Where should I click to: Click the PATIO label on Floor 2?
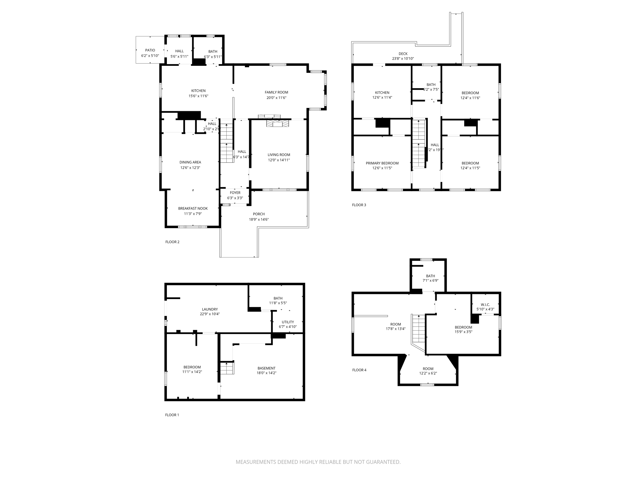click(x=150, y=50)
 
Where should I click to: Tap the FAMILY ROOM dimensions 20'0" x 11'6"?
click(x=276, y=98)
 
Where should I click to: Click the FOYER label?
click(x=235, y=193)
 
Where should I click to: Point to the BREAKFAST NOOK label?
click(x=193, y=208)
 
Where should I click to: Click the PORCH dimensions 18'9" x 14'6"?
click(x=259, y=219)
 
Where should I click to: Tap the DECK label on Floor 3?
click(x=403, y=54)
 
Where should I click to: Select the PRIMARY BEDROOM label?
click(x=382, y=163)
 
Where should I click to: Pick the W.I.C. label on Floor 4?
click(x=485, y=305)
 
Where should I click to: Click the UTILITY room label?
click(x=288, y=322)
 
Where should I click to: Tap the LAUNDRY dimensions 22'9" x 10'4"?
click(x=210, y=314)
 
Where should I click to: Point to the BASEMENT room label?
click(x=266, y=368)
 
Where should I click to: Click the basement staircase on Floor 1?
click(x=227, y=368)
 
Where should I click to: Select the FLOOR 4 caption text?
click(x=359, y=370)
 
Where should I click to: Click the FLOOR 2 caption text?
click(x=172, y=242)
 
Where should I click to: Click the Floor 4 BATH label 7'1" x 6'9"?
click(x=430, y=276)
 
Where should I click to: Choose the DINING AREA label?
click(x=190, y=162)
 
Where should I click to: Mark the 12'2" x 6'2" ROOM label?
click(x=428, y=369)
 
